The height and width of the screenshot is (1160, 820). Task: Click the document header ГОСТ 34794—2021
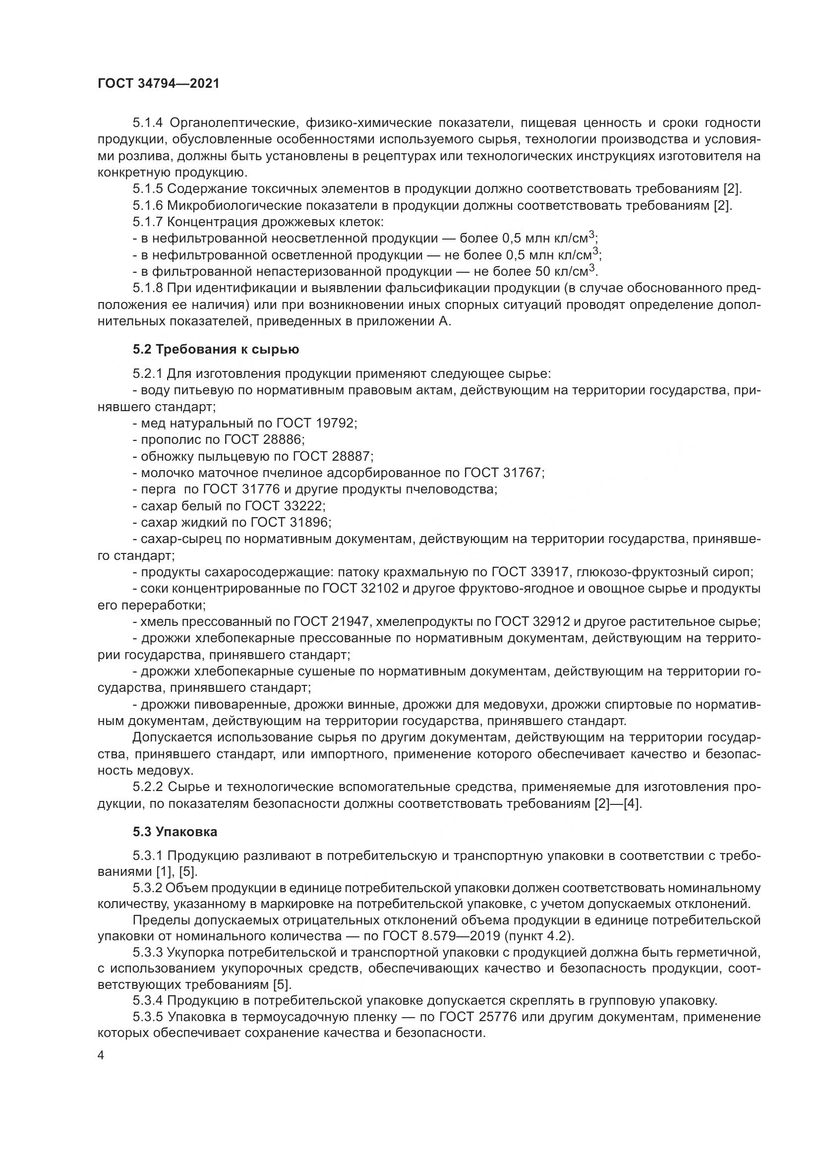click(x=158, y=84)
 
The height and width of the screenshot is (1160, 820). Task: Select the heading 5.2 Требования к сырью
click(x=216, y=349)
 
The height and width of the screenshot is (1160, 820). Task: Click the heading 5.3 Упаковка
click(x=175, y=831)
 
